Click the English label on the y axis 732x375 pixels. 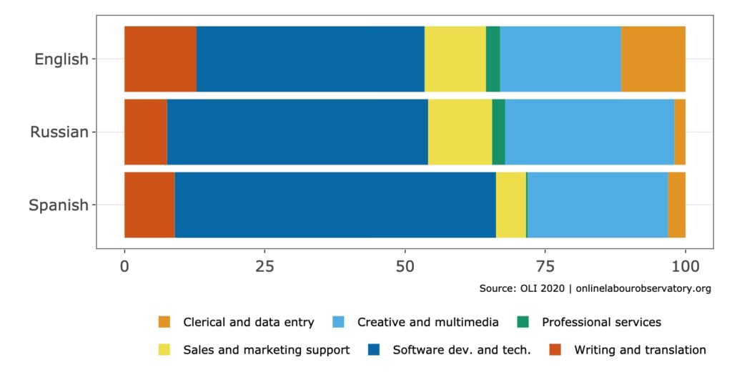point(61,59)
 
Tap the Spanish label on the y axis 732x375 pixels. point(58,205)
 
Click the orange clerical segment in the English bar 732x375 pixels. point(653,59)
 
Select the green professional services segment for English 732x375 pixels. point(493,59)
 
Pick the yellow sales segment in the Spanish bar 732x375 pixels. point(510,205)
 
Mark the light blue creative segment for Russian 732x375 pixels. point(589,132)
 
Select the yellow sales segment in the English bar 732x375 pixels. point(455,59)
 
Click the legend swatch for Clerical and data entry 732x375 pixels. point(164,322)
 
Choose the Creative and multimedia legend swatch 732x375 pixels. point(339,322)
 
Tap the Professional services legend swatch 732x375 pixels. point(523,322)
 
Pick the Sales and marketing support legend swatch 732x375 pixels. point(164,350)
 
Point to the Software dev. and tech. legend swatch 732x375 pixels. point(373,350)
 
